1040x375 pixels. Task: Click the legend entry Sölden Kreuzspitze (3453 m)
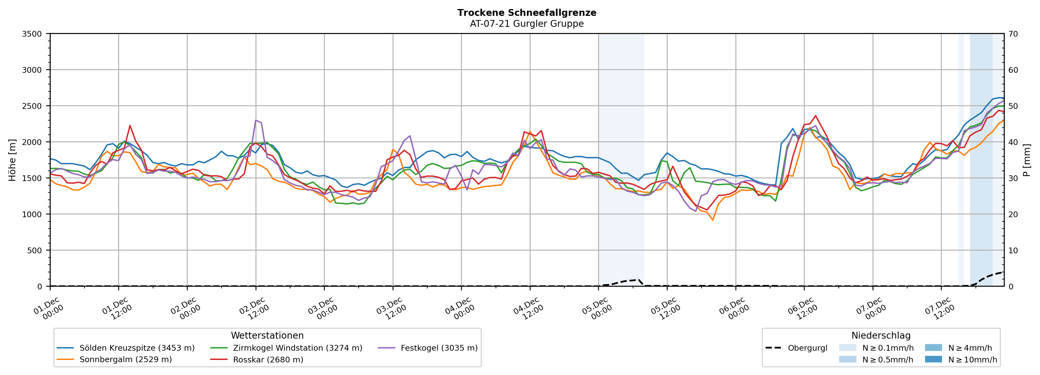[137, 348]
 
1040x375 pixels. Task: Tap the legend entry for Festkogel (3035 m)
[439, 348]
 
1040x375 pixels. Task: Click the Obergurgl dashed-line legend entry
[807, 348]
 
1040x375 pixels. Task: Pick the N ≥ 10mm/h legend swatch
[933, 359]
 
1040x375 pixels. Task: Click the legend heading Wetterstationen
[267, 335]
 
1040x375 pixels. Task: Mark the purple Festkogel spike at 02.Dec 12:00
[256, 120]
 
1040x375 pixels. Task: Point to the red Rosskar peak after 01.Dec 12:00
[130, 126]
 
